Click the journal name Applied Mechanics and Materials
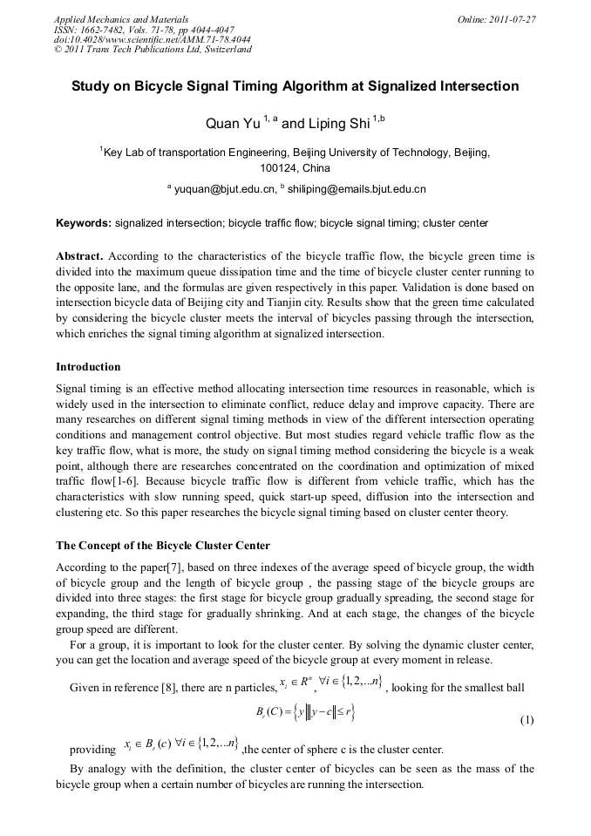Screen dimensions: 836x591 pos(121,18)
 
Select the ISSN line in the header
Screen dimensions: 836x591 pos(144,29)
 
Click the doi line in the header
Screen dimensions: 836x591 pos(153,39)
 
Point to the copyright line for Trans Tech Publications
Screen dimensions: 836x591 pos(153,50)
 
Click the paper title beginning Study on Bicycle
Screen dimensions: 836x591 pos(295,86)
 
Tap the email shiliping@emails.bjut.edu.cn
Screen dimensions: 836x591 pos(357,188)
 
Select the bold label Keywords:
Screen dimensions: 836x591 pos(84,223)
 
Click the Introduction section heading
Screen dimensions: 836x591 pos(88,366)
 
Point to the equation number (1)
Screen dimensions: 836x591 pos(526,721)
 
